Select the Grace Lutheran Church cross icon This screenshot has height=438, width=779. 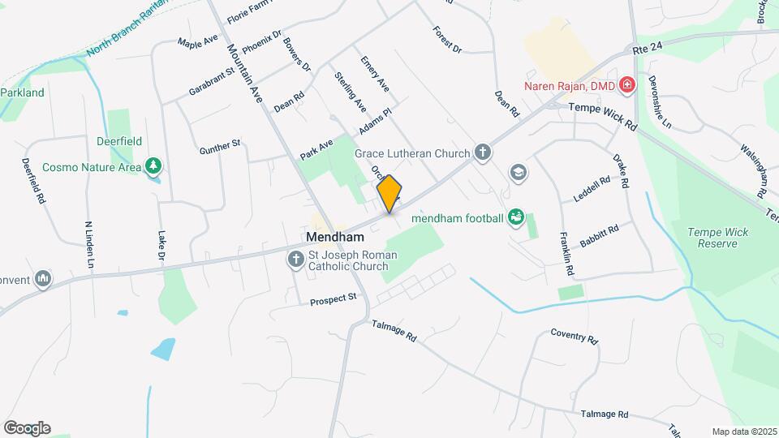[483, 152]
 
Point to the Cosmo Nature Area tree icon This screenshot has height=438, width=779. [153, 167]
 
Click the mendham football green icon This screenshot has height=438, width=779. [515, 217]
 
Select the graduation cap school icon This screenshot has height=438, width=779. [517, 172]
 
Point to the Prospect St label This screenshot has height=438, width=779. [334, 300]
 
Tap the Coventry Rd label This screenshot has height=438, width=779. [574, 336]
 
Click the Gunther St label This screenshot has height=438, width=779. [220, 147]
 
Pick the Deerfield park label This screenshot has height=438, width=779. [119, 141]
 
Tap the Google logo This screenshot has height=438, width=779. [27, 428]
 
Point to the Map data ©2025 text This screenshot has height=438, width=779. [742, 432]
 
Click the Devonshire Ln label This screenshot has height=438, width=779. [660, 102]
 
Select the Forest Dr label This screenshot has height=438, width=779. [447, 40]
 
